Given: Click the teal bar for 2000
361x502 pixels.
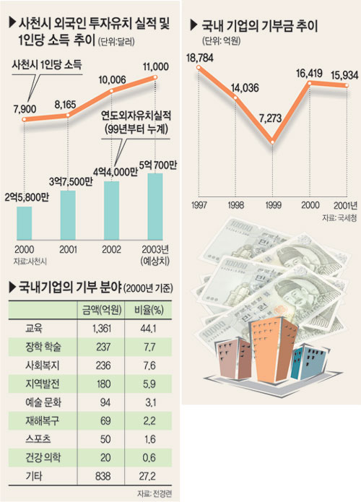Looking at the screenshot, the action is tap(25, 223).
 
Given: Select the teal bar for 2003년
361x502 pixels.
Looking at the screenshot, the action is tap(155, 207).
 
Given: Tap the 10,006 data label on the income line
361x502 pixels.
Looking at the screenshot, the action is tap(112, 79).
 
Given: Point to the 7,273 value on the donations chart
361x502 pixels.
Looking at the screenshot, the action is tap(271, 118).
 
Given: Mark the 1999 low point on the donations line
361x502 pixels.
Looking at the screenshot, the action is tap(272, 142).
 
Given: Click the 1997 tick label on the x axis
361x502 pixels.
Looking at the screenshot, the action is tap(199, 205).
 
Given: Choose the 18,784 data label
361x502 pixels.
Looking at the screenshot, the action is tap(200, 58).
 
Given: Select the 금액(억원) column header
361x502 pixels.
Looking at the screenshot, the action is tap(102, 310).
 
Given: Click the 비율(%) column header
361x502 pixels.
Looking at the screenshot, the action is tap(149, 310).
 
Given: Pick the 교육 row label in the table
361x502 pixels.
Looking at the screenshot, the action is tap(34, 328).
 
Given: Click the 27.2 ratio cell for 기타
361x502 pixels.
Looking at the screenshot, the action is tap(147, 477).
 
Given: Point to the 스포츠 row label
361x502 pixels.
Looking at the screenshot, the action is tap(38, 438).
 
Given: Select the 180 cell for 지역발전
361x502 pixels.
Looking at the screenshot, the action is tap(103, 384).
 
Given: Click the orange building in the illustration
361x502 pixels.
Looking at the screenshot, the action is tap(274, 349).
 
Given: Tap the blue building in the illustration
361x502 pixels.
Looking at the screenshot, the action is tap(308, 361).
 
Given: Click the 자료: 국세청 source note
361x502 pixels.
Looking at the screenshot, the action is tap(339, 217).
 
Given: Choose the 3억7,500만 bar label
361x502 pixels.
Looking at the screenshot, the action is tap(71, 182).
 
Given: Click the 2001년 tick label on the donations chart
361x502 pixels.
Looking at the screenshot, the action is tap(346, 205).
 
